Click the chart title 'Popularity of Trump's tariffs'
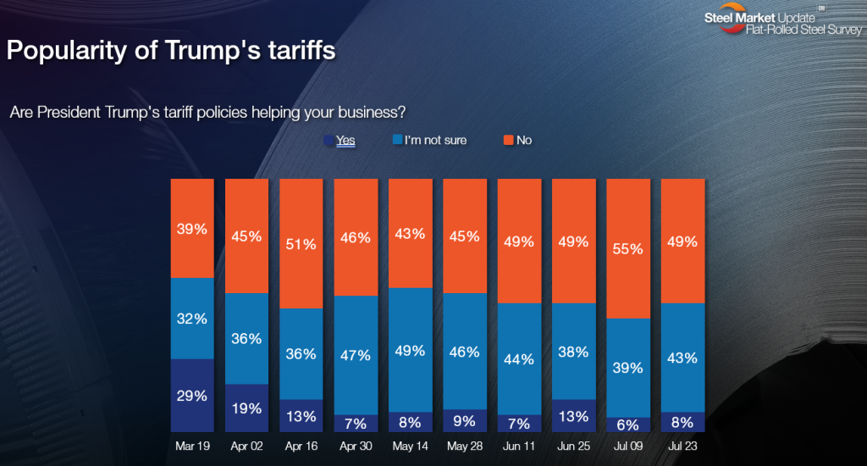pos(171,50)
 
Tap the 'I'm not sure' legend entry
pos(429,140)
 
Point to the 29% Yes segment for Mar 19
pos(192,397)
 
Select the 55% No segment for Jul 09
pos(628,249)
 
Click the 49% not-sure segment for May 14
pos(411,350)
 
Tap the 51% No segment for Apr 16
pos(301,244)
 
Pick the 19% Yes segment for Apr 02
pos(246,409)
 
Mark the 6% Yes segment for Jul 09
pos(628,425)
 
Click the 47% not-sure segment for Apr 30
pos(356,356)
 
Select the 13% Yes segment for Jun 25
pos(574,416)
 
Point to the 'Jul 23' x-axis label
pos(682,445)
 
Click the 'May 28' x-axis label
pos(465,445)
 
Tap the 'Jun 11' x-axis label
pos(519,445)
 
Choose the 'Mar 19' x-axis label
pos(192,445)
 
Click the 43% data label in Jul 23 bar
pos(682,358)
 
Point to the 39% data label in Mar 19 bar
pos(192,230)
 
